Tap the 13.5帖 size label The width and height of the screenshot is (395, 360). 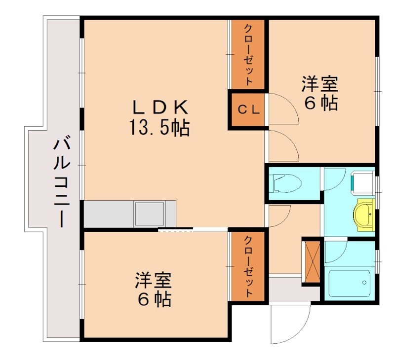(x=159, y=129)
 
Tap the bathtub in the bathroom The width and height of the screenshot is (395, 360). (x=349, y=285)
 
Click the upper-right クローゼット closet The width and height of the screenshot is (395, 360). (x=248, y=54)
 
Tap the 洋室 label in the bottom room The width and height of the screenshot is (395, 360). (x=154, y=280)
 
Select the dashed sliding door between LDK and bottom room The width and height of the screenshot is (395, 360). (x=175, y=229)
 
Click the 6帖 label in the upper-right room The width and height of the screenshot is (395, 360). (x=320, y=104)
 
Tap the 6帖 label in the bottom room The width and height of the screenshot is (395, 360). (x=154, y=299)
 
